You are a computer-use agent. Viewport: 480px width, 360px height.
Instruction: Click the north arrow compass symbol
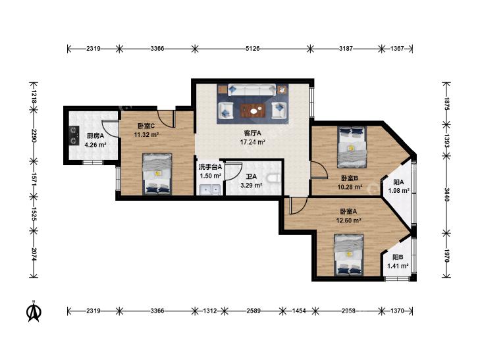point(35,311)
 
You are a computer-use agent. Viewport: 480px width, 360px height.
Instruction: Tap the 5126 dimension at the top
point(253,48)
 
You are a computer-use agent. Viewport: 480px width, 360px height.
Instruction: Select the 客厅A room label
point(252,133)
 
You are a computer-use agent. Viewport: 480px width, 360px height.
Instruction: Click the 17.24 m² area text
point(252,142)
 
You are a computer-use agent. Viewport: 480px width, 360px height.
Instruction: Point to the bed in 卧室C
point(157,174)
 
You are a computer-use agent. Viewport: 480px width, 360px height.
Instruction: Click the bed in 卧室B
point(352,147)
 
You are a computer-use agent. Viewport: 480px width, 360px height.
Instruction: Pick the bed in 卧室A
point(349,255)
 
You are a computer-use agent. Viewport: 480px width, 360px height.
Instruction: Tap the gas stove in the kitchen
point(74,135)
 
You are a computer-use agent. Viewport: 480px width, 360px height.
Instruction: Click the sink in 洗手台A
point(210,190)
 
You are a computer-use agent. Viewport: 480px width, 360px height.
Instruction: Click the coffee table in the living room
point(253,111)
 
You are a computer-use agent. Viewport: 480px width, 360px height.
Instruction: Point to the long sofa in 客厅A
point(252,90)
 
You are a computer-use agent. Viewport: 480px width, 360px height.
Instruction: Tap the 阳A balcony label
point(398,182)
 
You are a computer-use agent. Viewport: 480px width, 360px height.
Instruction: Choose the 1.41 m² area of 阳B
point(398,266)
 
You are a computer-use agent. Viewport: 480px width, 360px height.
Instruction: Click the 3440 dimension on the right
point(446,195)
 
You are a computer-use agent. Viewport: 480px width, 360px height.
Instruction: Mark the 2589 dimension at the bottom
point(253,311)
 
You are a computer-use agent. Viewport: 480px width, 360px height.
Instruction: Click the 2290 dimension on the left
point(34,135)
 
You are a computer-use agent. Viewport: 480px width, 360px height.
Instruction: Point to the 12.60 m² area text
point(349,220)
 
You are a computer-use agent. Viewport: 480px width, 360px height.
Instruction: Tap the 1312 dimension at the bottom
point(210,311)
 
